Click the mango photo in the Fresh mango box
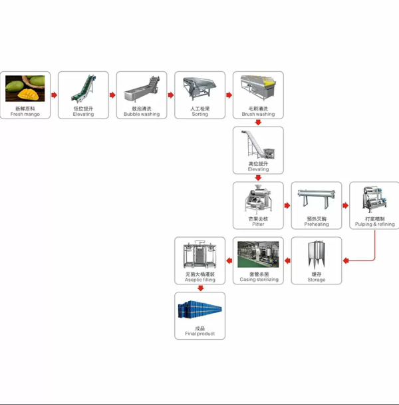click(x=25, y=88)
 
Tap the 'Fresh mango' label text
click(x=25, y=115)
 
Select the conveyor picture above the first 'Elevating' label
click(x=83, y=88)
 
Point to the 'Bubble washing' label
click(x=141, y=115)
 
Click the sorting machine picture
click(x=199, y=88)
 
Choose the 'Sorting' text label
click(x=199, y=115)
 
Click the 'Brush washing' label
click(x=258, y=115)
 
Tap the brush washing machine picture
click(x=258, y=87)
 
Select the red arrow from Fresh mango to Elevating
click(x=54, y=95)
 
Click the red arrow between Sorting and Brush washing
click(x=229, y=95)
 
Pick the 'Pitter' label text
click(x=258, y=224)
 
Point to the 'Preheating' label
click(x=317, y=224)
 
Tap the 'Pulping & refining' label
click(x=374, y=224)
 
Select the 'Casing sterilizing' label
click(x=258, y=280)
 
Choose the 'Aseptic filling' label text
click(x=199, y=280)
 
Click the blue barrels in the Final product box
click(x=199, y=310)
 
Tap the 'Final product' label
click(x=199, y=334)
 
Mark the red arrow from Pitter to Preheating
click(x=287, y=206)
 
